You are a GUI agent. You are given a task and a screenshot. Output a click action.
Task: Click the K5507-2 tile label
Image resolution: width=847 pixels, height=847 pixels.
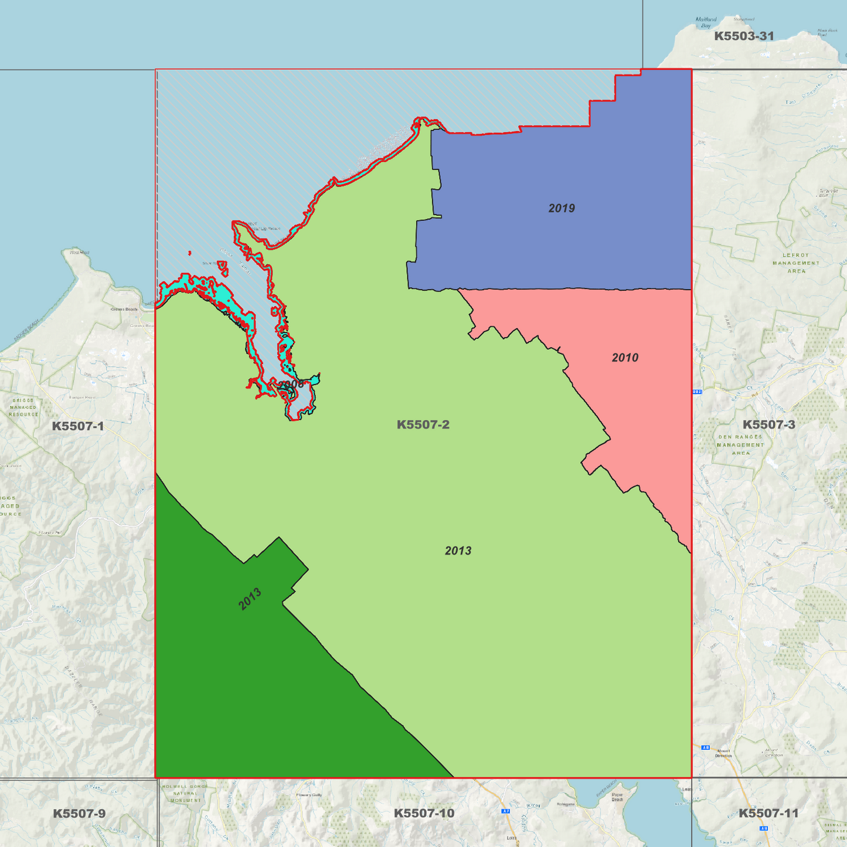click(x=423, y=424)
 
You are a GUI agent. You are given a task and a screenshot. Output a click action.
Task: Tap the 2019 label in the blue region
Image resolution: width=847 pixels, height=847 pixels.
click(x=561, y=208)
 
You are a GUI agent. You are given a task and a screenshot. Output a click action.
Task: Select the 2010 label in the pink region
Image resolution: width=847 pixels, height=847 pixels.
click(x=625, y=358)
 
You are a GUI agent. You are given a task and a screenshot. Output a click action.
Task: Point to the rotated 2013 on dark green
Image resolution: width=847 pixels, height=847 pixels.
click(x=250, y=599)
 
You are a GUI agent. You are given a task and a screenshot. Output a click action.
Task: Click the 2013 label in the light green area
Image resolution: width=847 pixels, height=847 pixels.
click(x=458, y=550)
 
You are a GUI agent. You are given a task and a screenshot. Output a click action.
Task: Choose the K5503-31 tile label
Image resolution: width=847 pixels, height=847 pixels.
click(x=744, y=36)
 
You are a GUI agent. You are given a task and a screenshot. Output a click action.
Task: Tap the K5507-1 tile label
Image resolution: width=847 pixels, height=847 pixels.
click(x=78, y=426)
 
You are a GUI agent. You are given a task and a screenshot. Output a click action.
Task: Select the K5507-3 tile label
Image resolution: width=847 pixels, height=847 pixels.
click(x=768, y=424)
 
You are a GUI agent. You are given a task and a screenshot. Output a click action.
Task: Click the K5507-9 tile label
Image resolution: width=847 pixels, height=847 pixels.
click(x=79, y=813)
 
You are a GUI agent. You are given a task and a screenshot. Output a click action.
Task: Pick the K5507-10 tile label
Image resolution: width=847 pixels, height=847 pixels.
click(x=424, y=813)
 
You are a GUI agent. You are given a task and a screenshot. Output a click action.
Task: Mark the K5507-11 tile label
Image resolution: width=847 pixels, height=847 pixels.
click(x=768, y=813)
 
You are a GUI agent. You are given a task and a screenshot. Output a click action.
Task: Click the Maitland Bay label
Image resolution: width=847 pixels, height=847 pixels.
click(x=706, y=22)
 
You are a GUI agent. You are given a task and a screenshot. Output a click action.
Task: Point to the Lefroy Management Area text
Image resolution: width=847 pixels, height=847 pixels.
click(x=795, y=263)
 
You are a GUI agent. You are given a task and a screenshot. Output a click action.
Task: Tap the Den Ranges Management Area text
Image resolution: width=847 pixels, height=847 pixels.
click(x=740, y=445)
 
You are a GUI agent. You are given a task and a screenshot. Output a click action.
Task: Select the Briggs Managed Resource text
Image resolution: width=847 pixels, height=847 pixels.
click(x=23, y=407)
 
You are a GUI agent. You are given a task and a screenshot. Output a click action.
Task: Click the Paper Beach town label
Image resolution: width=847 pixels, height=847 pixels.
click(x=617, y=797)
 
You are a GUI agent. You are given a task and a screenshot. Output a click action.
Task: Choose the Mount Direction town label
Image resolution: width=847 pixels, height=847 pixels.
click(x=723, y=753)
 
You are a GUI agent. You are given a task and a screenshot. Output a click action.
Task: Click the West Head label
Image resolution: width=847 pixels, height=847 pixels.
click(x=79, y=253)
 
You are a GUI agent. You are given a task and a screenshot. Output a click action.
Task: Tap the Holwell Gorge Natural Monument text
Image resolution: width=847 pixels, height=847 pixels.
click(x=185, y=793)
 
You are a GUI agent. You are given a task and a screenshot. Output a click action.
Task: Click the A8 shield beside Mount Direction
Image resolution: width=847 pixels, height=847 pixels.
click(x=706, y=747)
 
